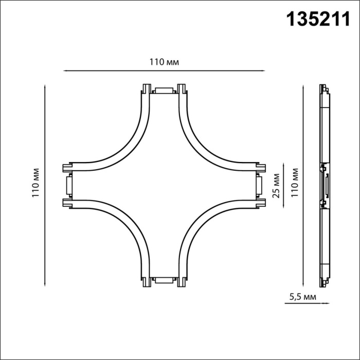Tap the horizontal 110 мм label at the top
pyautogui.click(x=164, y=62)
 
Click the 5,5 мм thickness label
pyautogui.click(x=301, y=297)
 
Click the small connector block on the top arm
pyautogui.click(x=165, y=91)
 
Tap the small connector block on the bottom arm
pyautogui.click(x=165, y=280)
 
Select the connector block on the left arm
pyautogui.click(x=68, y=185)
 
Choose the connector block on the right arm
pyautogui.click(x=260, y=185)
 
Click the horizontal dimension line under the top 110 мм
pyautogui.click(x=164, y=70)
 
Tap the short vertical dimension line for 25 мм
pyautogui.click(x=283, y=185)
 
